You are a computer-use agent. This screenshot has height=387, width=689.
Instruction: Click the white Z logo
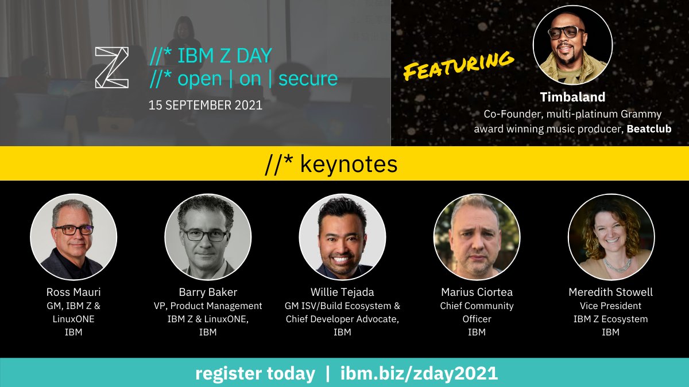coord(112,67)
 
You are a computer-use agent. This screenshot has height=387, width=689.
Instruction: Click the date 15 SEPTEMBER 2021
coord(205,105)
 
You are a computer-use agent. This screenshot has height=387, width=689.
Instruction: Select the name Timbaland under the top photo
coord(572,97)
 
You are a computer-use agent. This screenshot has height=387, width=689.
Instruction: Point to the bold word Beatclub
coord(649,129)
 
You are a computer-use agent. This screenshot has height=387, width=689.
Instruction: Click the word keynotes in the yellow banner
coord(349,164)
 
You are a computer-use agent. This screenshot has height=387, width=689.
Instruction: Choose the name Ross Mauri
coord(73,292)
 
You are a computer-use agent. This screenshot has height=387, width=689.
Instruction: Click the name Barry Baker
coord(207,292)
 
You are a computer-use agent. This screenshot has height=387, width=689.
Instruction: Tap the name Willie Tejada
coord(343,292)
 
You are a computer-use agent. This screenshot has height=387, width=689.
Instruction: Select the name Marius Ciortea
coord(477,292)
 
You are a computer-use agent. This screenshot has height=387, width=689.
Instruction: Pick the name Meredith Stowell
coord(610,292)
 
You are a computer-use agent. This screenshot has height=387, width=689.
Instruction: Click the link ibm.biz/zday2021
coord(419,374)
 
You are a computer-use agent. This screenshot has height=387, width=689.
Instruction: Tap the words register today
coord(255,374)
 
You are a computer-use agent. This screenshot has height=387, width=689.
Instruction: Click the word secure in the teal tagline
coord(308,79)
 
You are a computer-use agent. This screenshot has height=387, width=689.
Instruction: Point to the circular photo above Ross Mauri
coord(73,236)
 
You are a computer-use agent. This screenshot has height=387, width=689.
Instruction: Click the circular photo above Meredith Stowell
coord(611,236)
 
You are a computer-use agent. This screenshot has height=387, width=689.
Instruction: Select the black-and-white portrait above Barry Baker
coord(208,236)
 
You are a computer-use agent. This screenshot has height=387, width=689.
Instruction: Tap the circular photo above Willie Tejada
coord(342,236)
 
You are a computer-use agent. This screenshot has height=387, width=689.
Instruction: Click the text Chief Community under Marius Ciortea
coord(477,306)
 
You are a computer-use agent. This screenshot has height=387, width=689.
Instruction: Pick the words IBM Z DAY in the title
coord(225,56)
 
